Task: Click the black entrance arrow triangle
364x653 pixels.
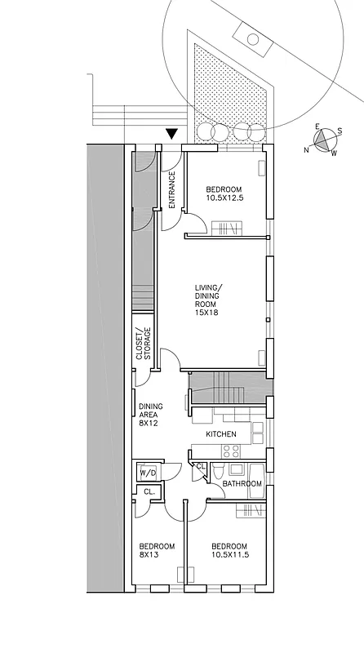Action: [x=171, y=135]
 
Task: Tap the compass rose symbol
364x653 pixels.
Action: [x=324, y=140]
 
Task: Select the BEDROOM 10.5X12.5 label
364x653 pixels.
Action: [x=224, y=193]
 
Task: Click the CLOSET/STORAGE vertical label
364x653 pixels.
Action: [x=144, y=344]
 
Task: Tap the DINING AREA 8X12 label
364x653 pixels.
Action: [x=149, y=414]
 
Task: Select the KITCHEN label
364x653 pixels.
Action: [x=221, y=434]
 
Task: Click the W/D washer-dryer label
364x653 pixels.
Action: [x=148, y=473]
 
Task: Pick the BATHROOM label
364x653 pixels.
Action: [x=242, y=484]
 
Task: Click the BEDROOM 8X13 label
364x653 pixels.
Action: [x=156, y=550]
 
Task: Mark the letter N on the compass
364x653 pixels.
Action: [x=308, y=149]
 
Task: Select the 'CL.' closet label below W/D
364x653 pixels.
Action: [x=149, y=492]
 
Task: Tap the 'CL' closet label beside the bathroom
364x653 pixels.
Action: [x=201, y=466]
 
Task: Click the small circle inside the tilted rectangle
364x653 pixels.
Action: [x=253, y=38]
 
